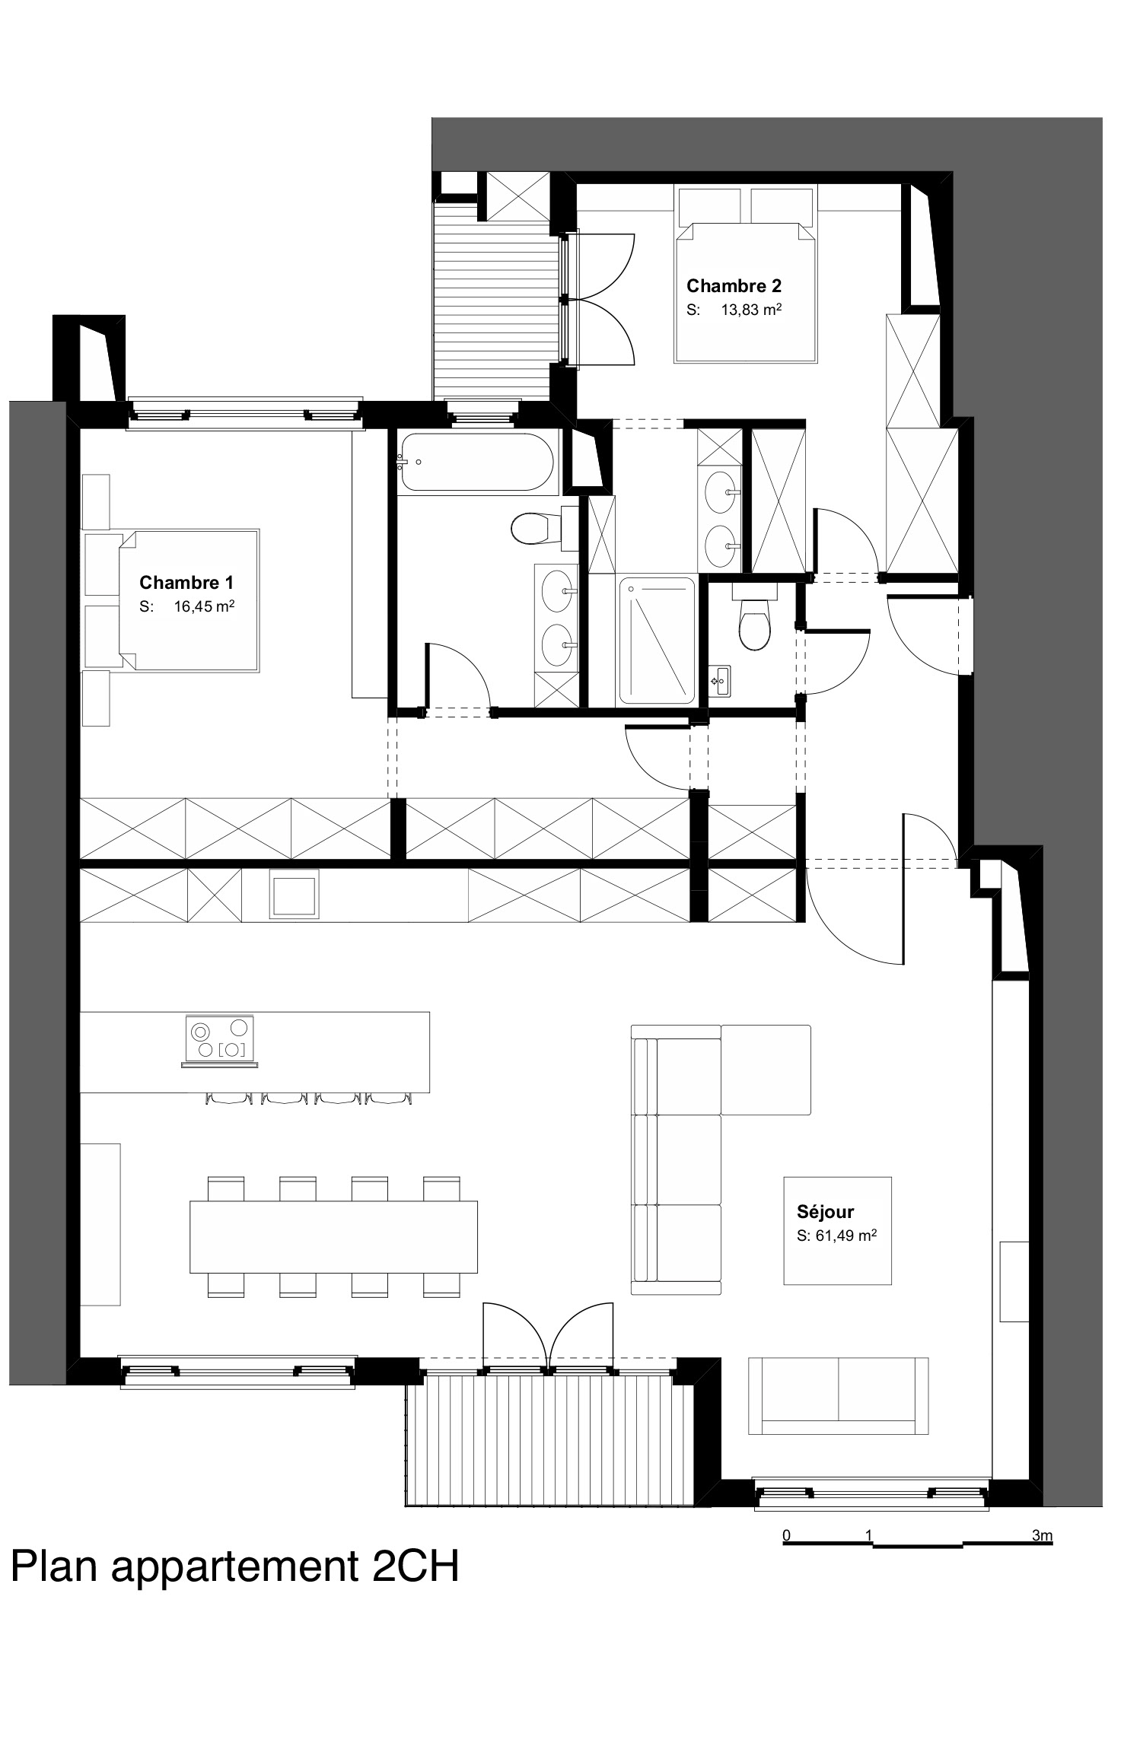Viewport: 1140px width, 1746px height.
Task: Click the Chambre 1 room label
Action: point(186,583)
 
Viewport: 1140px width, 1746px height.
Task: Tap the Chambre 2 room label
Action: point(734,286)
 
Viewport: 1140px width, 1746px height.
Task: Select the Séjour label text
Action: point(825,1211)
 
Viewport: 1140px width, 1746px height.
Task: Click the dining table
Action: point(333,1236)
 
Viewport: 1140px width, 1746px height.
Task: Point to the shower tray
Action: point(657,640)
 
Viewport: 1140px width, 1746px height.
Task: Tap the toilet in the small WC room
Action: point(753,616)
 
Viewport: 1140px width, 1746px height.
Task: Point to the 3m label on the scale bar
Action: point(1042,1535)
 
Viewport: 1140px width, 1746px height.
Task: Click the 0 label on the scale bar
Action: point(787,1535)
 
